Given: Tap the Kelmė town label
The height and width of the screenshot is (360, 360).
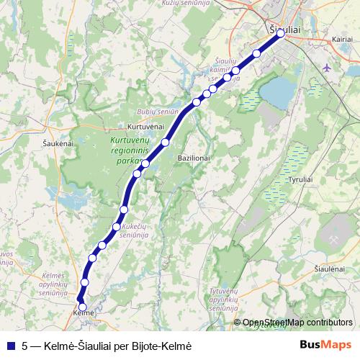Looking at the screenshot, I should click(x=84, y=314).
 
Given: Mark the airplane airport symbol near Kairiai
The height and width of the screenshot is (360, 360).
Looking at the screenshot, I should click(x=328, y=68).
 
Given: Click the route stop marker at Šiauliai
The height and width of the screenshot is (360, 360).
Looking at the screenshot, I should click(x=281, y=33).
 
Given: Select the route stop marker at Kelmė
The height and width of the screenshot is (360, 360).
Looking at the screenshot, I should click(x=82, y=307).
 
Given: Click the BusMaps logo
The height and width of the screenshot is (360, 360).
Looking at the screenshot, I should click(x=326, y=344).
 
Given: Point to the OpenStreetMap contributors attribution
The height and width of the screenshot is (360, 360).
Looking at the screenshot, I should click(x=297, y=323).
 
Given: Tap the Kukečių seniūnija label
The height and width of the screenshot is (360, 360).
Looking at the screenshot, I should click(x=135, y=230).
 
